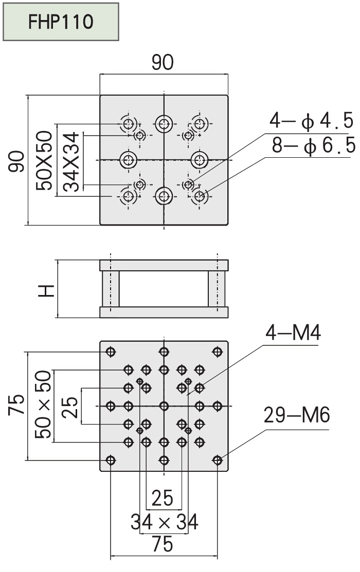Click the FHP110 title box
coord(61,22)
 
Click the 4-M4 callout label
coord(293,334)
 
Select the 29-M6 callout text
coord(296,415)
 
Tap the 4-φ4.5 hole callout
coord(312,121)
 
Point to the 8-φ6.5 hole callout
coord(313,146)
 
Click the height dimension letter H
coord(47,291)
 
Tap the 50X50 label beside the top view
coord(45,160)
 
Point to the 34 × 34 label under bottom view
coord(164,523)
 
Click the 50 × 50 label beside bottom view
coord(44,405)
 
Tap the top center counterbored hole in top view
coord(164,123)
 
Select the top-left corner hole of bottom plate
coord(110,352)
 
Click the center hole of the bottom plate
coord(164,406)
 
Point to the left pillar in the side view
coord(110,288)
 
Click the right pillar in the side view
coord(217,288)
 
